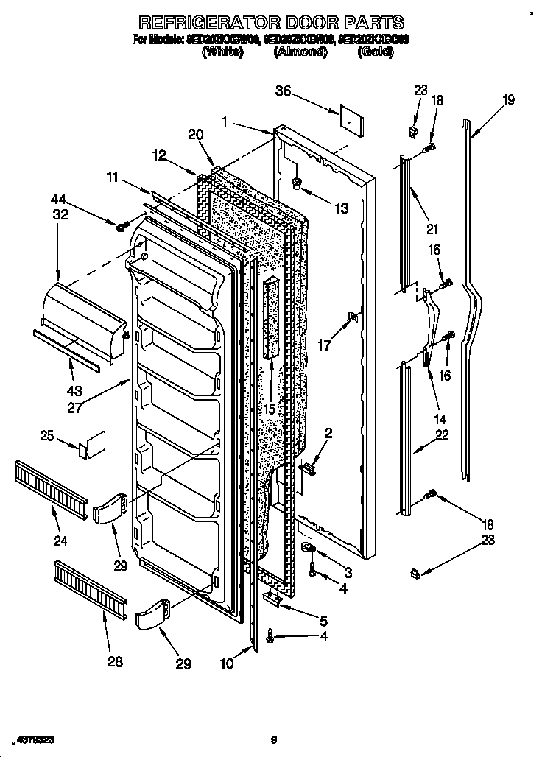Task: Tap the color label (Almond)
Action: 300,52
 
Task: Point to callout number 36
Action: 284,91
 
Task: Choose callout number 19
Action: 508,100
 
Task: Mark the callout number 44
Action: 58,198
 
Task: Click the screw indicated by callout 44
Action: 119,225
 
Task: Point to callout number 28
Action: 114,661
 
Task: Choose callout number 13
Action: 340,209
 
